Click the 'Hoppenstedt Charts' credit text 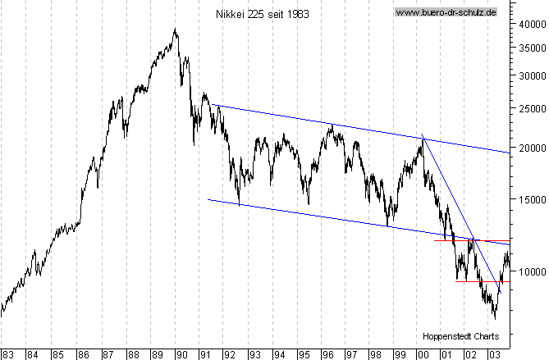pyautogui.click(x=460, y=336)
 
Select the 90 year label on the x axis pyautogui.click(x=182, y=354)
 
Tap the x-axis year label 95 pyautogui.click(x=304, y=354)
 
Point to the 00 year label pyautogui.click(x=423, y=354)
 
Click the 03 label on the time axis pyautogui.click(x=495, y=354)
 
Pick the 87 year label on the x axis pyautogui.click(x=108, y=354)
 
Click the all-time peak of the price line pyautogui.click(x=175, y=30)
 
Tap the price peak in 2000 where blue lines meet pyautogui.click(x=422, y=137)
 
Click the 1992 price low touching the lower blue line pyautogui.click(x=239, y=205)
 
